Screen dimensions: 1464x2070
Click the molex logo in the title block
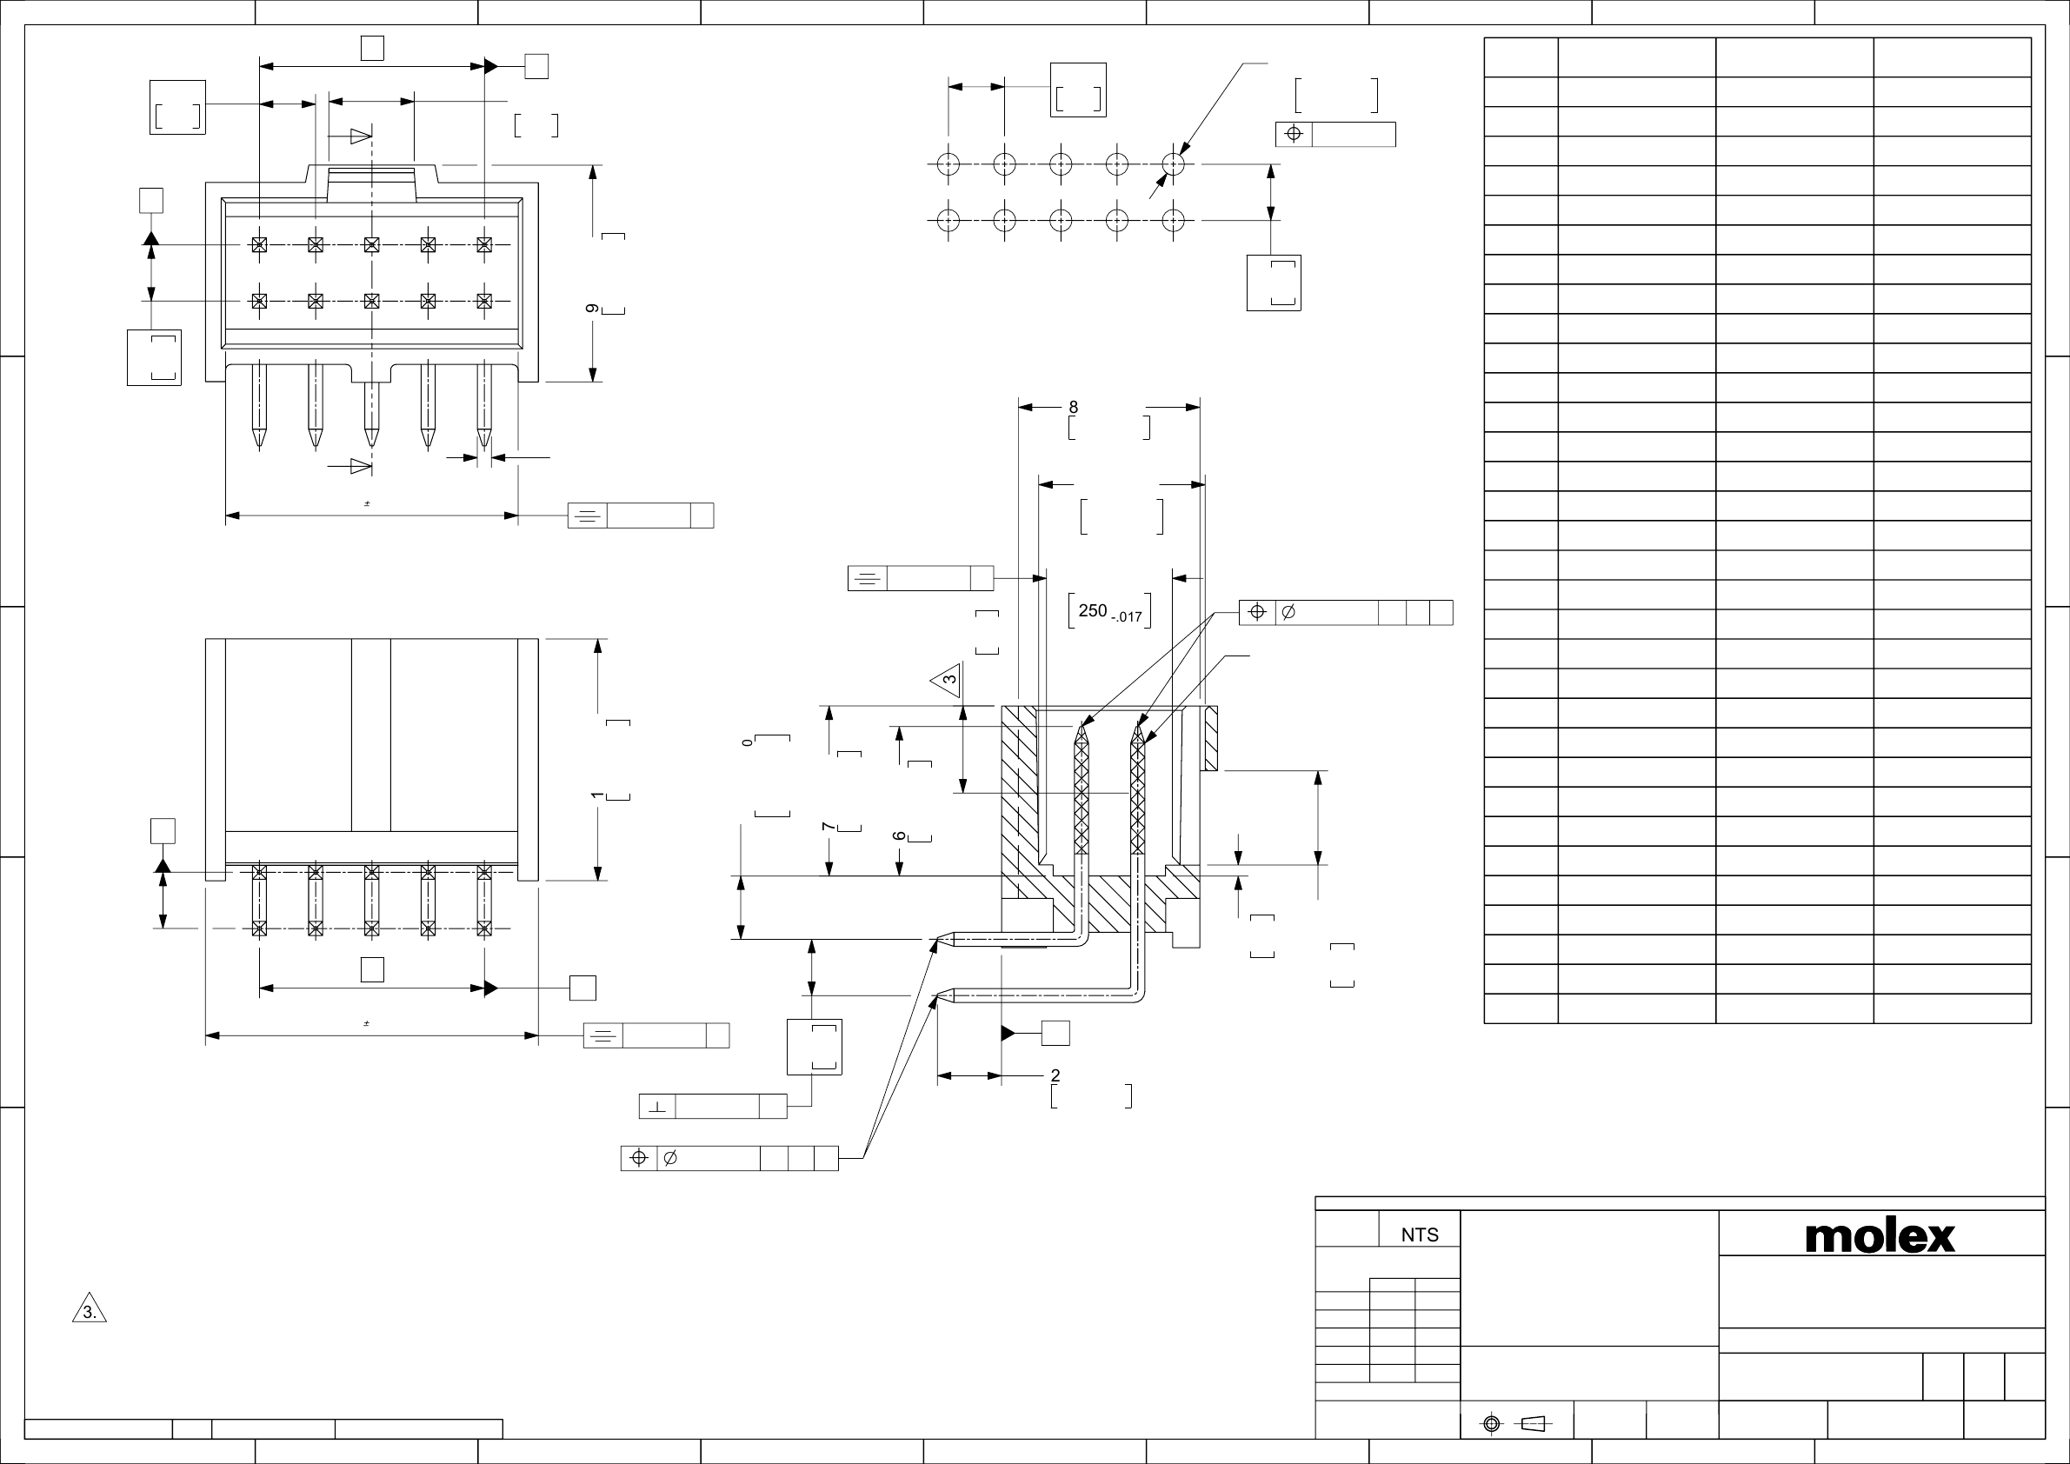pos(1880,1237)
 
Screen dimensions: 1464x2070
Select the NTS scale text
pos(1419,1235)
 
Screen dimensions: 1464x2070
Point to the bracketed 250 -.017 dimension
pos(1109,611)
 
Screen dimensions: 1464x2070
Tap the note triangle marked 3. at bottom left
pos(90,1311)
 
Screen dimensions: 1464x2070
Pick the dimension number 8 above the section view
pos(1073,408)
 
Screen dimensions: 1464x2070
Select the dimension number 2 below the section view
pos(1055,1075)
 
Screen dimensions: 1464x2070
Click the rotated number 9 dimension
pos(592,309)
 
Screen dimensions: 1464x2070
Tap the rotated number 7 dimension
pos(828,827)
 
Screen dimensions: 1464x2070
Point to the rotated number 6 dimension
pos(899,836)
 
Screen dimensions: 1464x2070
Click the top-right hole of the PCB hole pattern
pos(1173,164)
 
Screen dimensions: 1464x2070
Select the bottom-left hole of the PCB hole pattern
pos(948,220)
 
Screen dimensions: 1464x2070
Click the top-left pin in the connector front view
pos(260,244)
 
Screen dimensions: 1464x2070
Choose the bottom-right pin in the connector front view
pos(484,300)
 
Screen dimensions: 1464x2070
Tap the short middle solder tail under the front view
pos(371,416)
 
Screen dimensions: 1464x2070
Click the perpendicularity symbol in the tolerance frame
pos(657,1106)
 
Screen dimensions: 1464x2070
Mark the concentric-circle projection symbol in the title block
pos(1491,1423)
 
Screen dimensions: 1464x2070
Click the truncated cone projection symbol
pos(1533,1423)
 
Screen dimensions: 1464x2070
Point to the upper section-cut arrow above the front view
pos(360,136)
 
